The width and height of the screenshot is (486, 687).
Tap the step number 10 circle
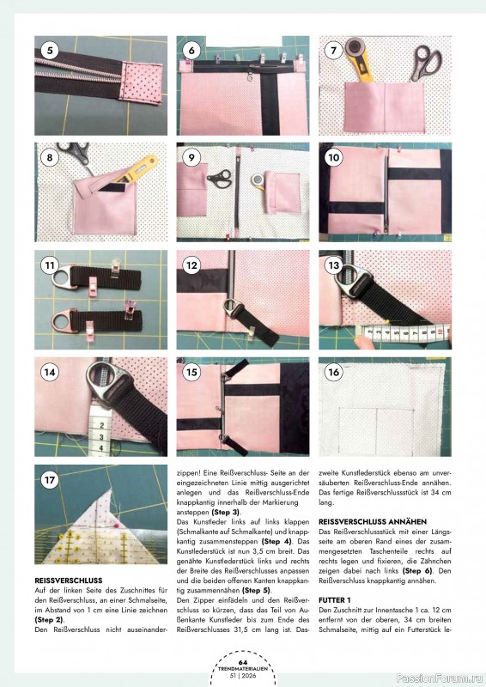click(x=333, y=158)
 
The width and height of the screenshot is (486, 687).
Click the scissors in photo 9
click(x=220, y=179)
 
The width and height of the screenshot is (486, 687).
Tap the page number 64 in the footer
click(x=242, y=661)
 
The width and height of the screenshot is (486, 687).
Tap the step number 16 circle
click(x=333, y=372)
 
